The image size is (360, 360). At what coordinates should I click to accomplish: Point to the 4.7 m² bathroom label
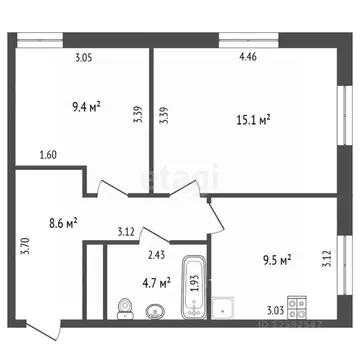[153, 282]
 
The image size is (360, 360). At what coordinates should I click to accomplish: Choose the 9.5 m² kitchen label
[272, 261]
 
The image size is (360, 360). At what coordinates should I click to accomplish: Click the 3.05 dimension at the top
[84, 58]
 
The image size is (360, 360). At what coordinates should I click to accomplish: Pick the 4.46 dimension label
[247, 58]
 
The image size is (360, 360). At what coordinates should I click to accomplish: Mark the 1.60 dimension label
[48, 155]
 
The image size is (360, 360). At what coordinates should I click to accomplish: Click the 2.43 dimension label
[157, 255]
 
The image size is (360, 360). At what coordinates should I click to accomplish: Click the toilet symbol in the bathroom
[125, 307]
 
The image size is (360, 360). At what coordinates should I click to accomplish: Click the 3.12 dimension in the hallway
[126, 233]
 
